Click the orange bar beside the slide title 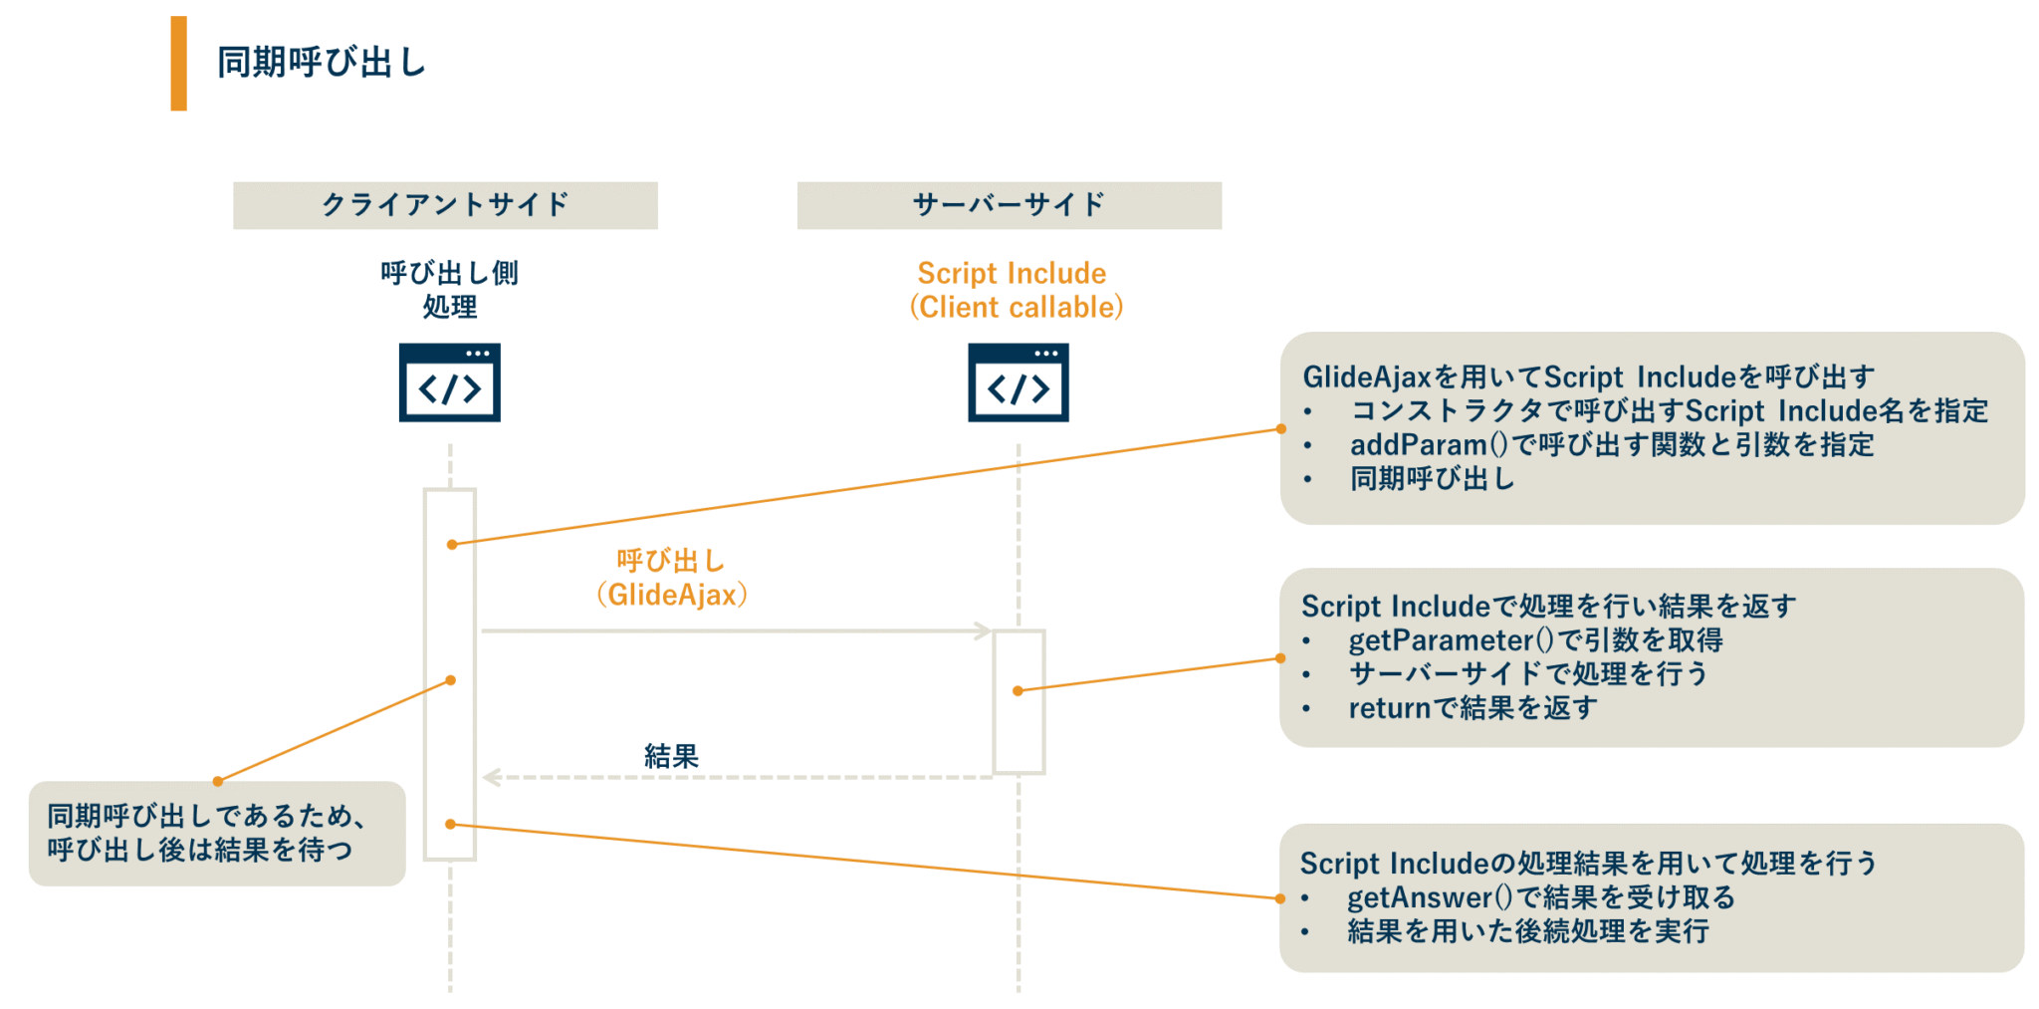pos(178,63)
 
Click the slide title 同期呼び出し pos(322,63)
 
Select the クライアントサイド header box pos(445,205)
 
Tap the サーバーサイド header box pos(1009,205)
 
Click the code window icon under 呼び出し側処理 pos(449,383)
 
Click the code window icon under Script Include pos(1018,383)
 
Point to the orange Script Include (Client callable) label pos(1016,290)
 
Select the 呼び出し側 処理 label pos(449,290)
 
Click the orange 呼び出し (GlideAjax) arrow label pos(672,578)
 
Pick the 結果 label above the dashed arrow pos(671,756)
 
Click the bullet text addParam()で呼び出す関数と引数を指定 pos(1611,444)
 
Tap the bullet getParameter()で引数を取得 pos(1534,639)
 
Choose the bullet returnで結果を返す pos(1473,707)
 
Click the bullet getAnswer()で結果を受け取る pos(1540,896)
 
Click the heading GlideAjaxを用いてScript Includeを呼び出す pos(1588,377)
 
